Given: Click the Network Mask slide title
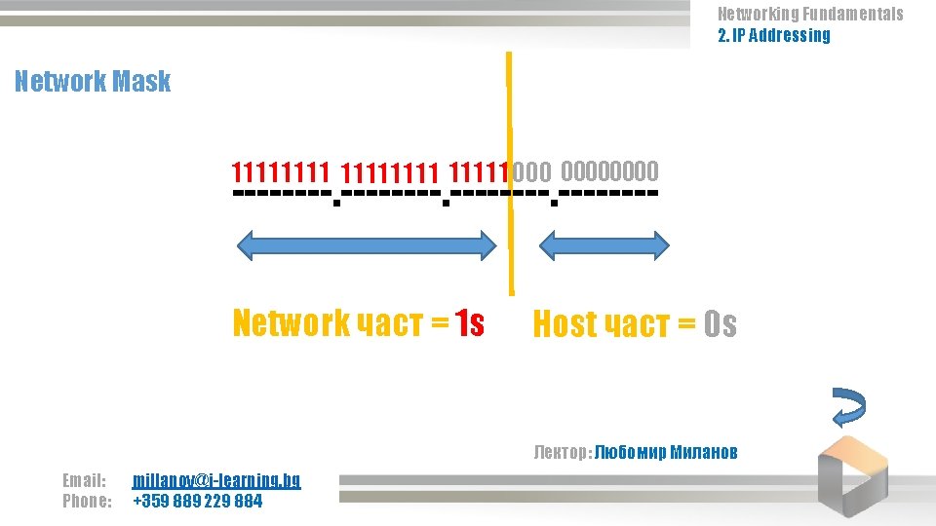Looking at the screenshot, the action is pyautogui.click(x=93, y=81).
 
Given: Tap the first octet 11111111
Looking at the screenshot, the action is pyautogui.click(x=279, y=173).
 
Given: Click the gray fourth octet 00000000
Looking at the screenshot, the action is pyautogui.click(x=609, y=172).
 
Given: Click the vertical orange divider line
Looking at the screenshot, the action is pyautogui.click(x=509, y=175).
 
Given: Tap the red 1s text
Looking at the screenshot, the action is pyautogui.click(x=469, y=322).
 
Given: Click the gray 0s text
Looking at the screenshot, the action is pyautogui.click(x=720, y=324).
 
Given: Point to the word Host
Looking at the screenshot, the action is pyautogui.click(x=565, y=324).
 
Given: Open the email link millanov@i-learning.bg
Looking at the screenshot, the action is pyautogui.click(x=216, y=480).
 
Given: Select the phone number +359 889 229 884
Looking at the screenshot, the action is pyautogui.click(x=197, y=502).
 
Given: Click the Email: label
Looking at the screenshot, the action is pyautogui.click(x=84, y=480).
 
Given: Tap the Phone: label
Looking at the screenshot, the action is pyautogui.click(x=87, y=502).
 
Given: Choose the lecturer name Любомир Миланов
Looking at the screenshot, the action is pyautogui.click(x=666, y=452).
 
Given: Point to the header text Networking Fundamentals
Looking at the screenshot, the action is pyautogui.click(x=810, y=14).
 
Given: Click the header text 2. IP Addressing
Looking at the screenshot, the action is pyautogui.click(x=774, y=36).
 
